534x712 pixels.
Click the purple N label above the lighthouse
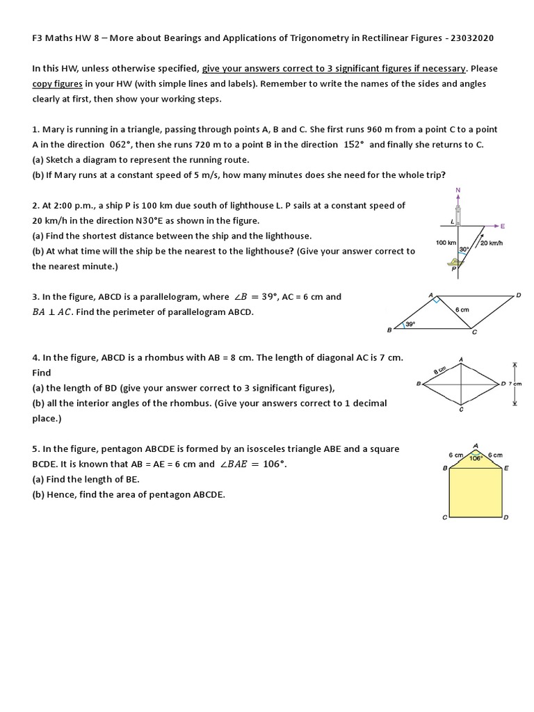458,189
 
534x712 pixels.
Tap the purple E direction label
503,226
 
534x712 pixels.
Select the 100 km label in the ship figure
446,243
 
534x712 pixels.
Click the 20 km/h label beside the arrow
492,243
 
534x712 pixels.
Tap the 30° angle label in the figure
463,248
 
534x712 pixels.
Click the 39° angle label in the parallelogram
410,323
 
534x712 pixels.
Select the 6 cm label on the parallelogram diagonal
462,309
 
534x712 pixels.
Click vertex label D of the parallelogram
518,296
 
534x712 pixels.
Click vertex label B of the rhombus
418,383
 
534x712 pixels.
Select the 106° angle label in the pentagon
476,458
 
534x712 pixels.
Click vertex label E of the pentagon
506,469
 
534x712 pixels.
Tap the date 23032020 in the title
469,38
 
